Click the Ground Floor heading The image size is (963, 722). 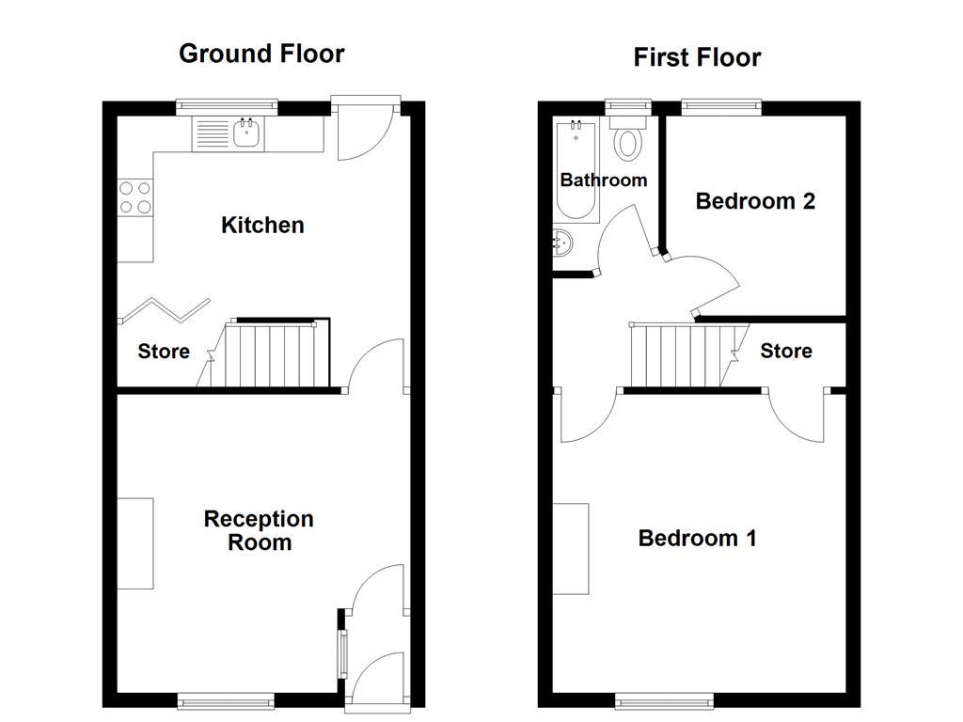261,54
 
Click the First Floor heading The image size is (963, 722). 697,57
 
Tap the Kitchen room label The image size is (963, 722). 262,225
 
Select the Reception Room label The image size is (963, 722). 260,530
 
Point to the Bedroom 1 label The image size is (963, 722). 697,538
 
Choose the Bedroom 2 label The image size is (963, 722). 755,200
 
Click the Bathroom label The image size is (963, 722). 604,180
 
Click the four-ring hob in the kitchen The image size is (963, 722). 135,197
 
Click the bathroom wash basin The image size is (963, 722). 561,243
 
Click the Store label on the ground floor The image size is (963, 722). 164,352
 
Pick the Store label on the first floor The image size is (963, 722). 785,351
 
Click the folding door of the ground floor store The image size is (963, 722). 165,309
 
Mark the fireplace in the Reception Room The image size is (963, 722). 134,543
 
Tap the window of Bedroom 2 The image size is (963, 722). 721,107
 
